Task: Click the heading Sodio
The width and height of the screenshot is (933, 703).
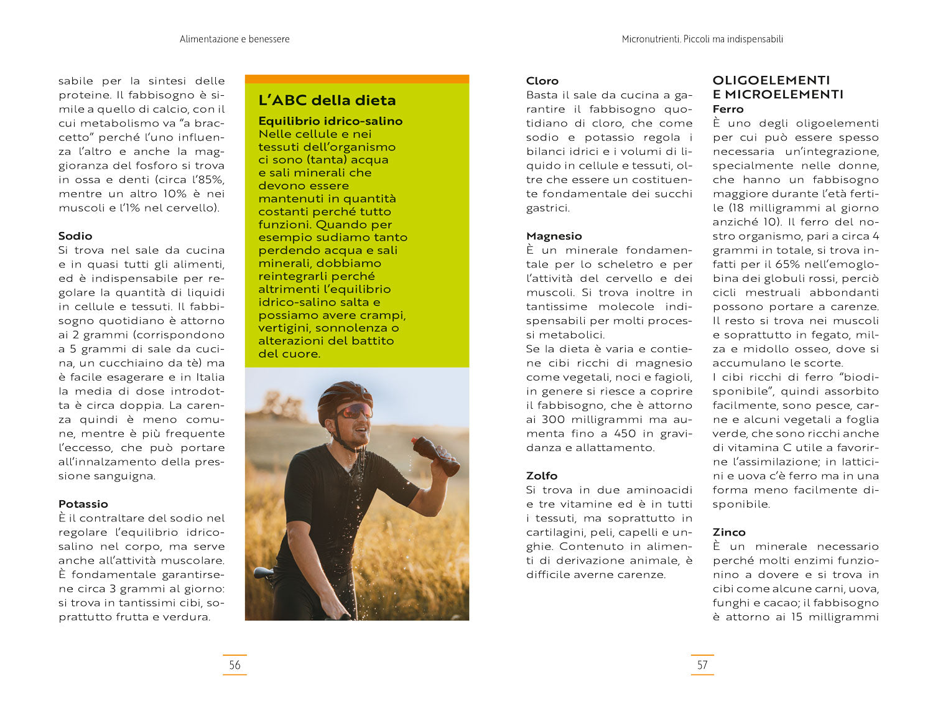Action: coord(75,236)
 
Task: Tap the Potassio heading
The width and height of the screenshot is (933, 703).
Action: coord(83,504)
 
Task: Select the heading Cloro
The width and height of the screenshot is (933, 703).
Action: coord(542,81)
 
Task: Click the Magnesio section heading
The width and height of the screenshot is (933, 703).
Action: coord(554,236)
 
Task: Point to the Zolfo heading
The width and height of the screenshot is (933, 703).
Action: coord(542,476)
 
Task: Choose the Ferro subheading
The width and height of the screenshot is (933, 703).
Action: coord(728,109)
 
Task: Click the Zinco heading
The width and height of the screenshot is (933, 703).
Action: coord(729,532)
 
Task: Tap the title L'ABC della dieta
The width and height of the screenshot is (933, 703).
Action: coord(327,100)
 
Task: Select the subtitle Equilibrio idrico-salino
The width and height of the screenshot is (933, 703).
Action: coord(330,121)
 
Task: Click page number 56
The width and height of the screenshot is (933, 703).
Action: coord(234,665)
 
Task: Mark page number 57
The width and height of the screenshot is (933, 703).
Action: coord(702,665)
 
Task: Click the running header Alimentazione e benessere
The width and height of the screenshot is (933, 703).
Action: coord(234,39)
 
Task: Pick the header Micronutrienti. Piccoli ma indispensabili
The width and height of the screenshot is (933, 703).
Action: coord(702,39)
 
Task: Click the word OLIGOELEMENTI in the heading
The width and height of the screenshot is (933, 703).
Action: coord(771,80)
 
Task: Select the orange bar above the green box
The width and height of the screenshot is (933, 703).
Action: coord(357,79)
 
